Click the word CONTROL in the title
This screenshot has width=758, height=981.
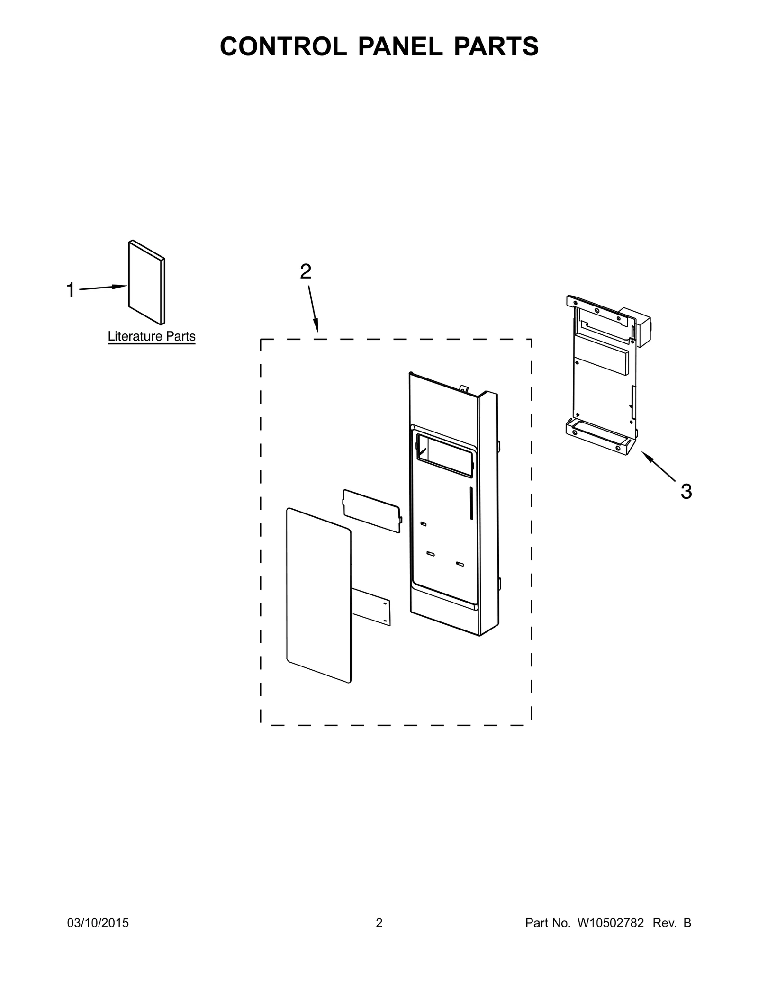coord(283,46)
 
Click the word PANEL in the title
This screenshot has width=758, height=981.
coord(399,46)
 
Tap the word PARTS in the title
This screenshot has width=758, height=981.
coord(496,46)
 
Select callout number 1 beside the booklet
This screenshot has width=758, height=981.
coord(71,290)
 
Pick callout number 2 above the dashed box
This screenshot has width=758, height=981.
coord(306,271)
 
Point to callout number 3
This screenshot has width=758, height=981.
coord(686,492)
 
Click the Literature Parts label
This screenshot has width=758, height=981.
coord(152,336)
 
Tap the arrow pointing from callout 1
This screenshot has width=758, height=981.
coord(103,288)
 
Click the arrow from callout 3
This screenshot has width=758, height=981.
coord(659,466)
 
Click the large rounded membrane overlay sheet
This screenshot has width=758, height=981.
coord(319,595)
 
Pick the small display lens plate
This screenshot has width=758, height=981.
coord(372,511)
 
